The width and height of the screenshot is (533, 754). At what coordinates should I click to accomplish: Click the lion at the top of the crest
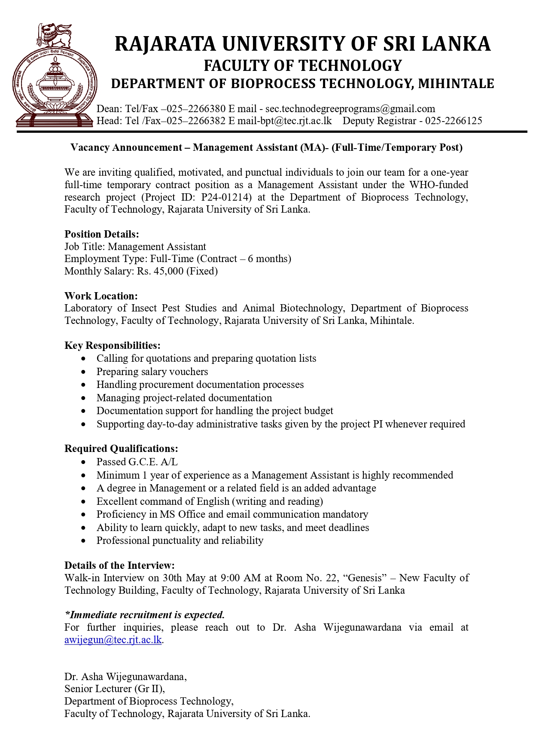click(55, 35)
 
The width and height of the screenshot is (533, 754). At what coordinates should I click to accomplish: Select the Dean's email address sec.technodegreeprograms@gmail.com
click(350, 109)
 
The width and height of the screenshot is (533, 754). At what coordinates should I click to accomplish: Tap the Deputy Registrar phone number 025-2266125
click(454, 121)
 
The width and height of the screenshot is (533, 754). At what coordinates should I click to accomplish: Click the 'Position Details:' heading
click(102, 234)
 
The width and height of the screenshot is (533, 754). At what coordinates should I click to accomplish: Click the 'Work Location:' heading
click(101, 296)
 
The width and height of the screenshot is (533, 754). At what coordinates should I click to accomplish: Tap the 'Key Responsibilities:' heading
click(113, 345)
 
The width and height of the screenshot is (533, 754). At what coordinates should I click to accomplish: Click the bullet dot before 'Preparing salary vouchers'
click(83, 372)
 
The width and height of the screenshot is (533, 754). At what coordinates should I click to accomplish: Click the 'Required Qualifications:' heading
click(121, 449)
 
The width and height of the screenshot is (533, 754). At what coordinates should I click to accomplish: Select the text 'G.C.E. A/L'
click(153, 462)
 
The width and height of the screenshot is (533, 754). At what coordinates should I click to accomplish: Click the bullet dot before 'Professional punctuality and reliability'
click(83, 541)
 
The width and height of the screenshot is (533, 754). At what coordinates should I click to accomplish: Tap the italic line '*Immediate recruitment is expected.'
click(144, 615)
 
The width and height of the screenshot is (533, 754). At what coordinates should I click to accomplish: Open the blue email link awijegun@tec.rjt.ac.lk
click(113, 640)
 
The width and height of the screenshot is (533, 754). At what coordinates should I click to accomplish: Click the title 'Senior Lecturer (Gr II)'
click(114, 689)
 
